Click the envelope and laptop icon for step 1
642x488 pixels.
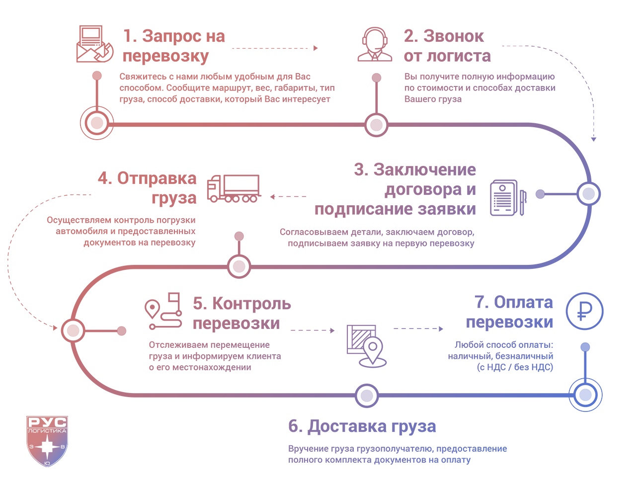pos(94,45)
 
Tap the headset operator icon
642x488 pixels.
pos(375,45)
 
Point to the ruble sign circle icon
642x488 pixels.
pos(584,311)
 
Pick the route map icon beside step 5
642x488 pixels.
pos(163,311)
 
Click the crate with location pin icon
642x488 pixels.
pos(367,345)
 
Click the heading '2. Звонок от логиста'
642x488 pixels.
pos(447,46)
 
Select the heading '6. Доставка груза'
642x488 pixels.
pos(362,426)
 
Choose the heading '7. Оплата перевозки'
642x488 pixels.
pos(510,312)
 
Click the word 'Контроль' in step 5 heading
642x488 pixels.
pos(251,304)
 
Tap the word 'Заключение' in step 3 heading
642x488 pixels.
pos(424,170)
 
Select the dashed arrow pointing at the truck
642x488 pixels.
pos(288,197)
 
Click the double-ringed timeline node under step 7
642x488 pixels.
pos(585,395)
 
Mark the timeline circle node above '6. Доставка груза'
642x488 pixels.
pos(367,396)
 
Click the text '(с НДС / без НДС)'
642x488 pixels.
pos(515,367)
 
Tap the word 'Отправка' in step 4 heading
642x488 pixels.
pos(157,178)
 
